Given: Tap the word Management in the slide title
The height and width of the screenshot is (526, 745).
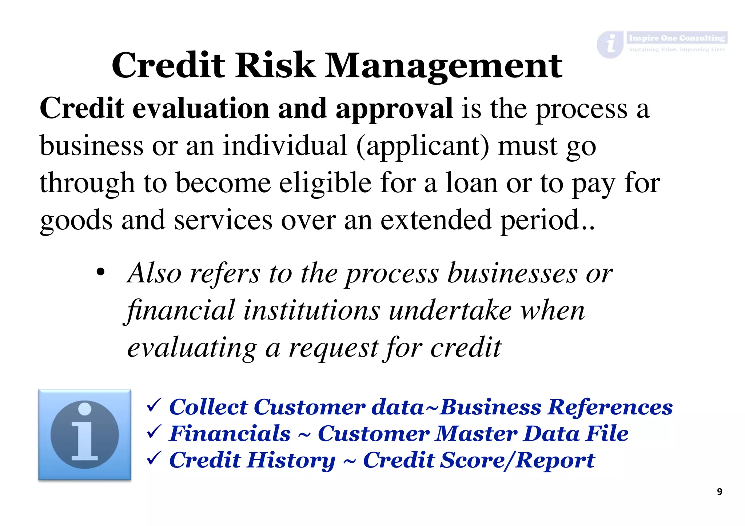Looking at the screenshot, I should pos(443,66).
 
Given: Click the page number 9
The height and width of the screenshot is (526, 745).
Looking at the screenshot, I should pos(719,492).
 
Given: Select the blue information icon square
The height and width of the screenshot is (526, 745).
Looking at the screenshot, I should pos(85,435).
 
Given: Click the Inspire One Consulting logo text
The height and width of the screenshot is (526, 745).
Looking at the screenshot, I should pos(677,38).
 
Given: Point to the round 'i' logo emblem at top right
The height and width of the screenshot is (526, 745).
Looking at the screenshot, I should pos(610,44).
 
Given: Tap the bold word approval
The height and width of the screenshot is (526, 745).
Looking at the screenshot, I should pos(394,109).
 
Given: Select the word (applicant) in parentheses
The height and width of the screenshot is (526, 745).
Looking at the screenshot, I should pos(423,146).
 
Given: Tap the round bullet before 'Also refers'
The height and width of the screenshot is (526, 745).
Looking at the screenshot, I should pos(100,272).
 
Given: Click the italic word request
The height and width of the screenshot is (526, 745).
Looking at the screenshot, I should pos(334,348).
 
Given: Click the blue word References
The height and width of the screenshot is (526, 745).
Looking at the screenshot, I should pos(610,407).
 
